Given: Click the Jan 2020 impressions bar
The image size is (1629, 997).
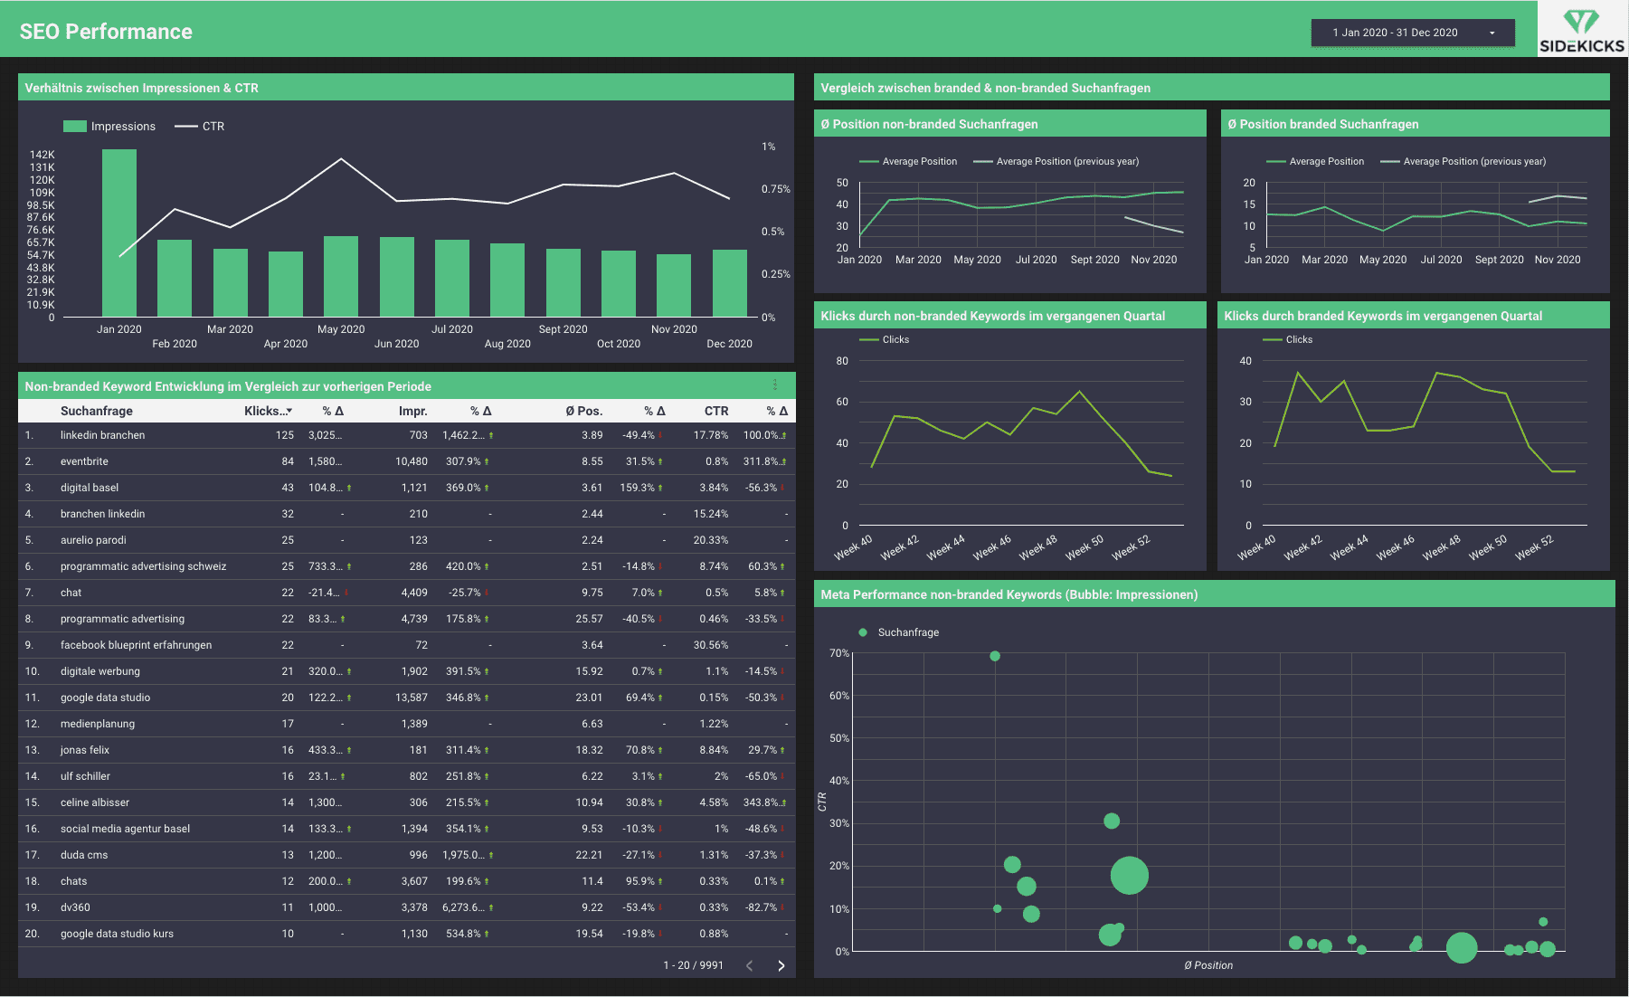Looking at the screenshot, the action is pyautogui.click(x=119, y=233).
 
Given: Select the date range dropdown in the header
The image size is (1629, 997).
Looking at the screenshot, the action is pyautogui.click(x=1413, y=33).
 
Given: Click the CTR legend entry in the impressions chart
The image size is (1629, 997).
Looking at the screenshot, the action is pyautogui.click(x=200, y=127).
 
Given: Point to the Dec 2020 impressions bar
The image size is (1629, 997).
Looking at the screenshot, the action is pyautogui.click(x=729, y=283).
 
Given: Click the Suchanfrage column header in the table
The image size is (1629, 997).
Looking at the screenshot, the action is pyautogui.click(x=97, y=411).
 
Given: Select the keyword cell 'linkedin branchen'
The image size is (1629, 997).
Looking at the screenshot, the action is pyautogui.click(x=103, y=435).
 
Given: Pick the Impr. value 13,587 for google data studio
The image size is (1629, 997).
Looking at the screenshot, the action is pyautogui.click(x=412, y=698).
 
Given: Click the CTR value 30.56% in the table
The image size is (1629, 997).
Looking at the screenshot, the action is pyautogui.click(x=711, y=645).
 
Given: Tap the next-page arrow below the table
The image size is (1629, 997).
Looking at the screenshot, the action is pyautogui.click(x=781, y=965).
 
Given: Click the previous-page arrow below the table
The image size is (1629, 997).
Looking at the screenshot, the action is pyautogui.click(x=749, y=965).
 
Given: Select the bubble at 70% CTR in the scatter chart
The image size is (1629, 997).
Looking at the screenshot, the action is pyautogui.click(x=995, y=656).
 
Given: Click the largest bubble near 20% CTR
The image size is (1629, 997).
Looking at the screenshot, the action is pyautogui.click(x=1129, y=875).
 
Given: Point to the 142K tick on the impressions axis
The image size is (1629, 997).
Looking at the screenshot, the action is pyautogui.click(x=43, y=155).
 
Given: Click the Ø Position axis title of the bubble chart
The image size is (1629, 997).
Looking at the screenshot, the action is pyautogui.click(x=1208, y=965).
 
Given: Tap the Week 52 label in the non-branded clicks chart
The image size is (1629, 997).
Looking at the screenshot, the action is pyautogui.click(x=1131, y=546).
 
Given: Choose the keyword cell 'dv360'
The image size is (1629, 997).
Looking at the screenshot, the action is pyautogui.click(x=75, y=907).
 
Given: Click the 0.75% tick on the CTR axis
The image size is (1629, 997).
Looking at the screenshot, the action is pyautogui.click(x=775, y=189).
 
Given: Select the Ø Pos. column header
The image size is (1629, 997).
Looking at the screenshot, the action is pyautogui.click(x=584, y=411).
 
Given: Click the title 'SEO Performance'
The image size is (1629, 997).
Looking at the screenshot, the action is pyautogui.click(x=106, y=32).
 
